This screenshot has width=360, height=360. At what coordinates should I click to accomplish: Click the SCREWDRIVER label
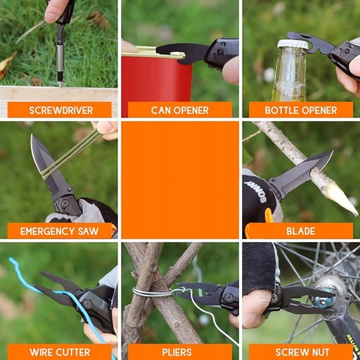coord(61,110)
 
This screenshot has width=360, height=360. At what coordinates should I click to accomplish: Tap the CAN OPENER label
coord(180,110)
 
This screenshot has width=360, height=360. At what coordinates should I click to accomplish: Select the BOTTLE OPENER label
coord(301,110)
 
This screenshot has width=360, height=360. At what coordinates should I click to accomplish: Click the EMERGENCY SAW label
coord(59,231)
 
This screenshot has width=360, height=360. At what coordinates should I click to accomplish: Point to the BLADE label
coord(301,231)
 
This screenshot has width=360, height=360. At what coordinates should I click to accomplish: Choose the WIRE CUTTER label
coord(60,352)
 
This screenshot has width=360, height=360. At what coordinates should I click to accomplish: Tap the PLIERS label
coord(176,352)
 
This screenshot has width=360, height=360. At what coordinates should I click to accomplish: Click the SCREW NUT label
coord(302,352)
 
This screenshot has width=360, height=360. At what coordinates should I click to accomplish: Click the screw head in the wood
coord(60,84)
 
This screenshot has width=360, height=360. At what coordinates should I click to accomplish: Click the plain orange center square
coord(180,180)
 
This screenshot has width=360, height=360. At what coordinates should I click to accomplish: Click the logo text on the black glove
coord(256,191)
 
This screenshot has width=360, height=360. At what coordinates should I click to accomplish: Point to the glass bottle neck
coord(290,70)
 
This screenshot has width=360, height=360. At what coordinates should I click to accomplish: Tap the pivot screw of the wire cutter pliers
coord(88,303)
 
